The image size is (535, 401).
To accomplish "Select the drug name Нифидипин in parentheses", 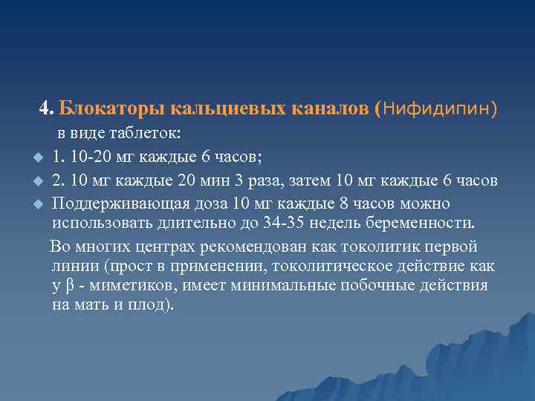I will tap(438, 109).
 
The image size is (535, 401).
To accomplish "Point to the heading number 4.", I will tap(46, 109).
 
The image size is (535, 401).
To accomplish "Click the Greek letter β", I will tap(68, 286).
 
